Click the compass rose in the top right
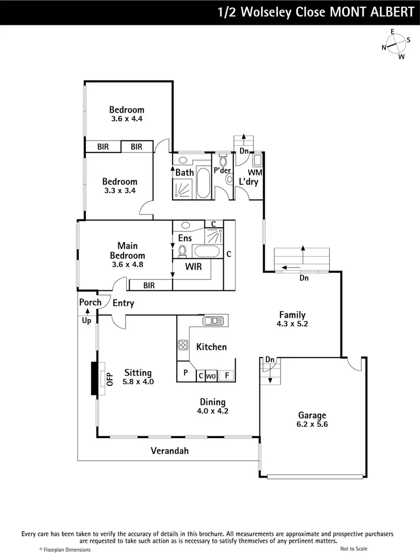click(396, 44)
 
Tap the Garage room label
click(312, 415)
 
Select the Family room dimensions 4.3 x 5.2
click(292, 324)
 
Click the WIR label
click(193, 267)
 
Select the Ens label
click(185, 238)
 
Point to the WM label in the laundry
click(255, 172)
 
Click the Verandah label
click(169, 451)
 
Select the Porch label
click(90, 302)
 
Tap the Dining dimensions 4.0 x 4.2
click(213, 412)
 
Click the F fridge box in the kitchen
click(226, 376)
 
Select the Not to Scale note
click(354, 549)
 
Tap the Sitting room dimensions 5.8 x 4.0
click(138, 382)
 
